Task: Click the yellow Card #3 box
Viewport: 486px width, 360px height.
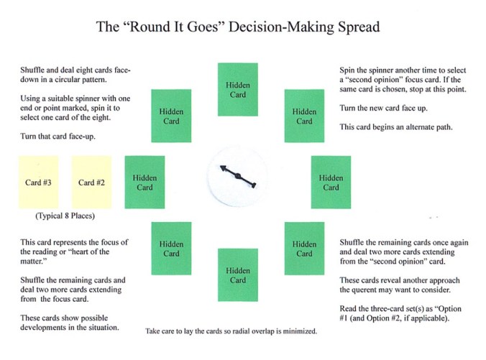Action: click(x=38, y=183)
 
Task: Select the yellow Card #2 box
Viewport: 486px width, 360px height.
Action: click(x=91, y=183)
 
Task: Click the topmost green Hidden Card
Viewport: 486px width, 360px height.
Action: click(x=238, y=90)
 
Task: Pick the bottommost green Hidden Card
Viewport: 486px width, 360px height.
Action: click(x=238, y=274)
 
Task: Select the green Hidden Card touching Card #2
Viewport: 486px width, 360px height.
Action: click(x=145, y=183)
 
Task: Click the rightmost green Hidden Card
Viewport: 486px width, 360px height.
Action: click(x=331, y=183)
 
